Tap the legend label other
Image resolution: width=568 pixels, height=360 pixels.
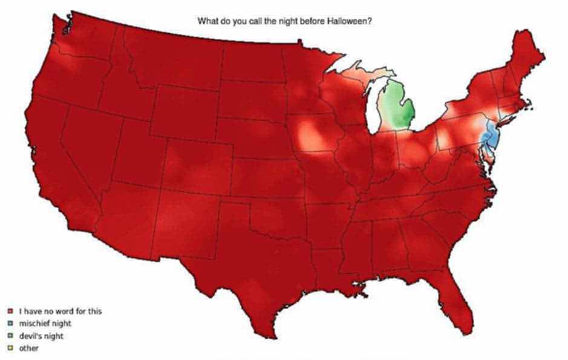click(29, 348)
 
